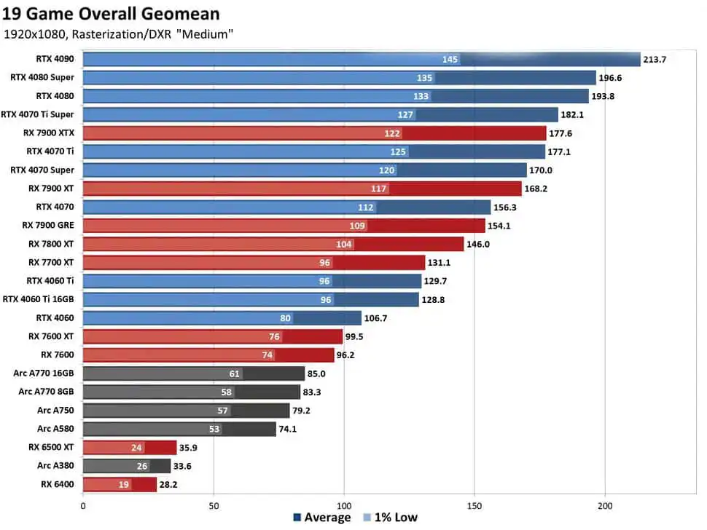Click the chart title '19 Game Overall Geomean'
pyautogui.click(x=111, y=14)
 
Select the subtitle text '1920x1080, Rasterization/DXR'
pyautogui.click(x=87, y=34)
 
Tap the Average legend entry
pyautogui.click(x=322, y=518)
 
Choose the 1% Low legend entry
pyautogui.click(x=391, y=518)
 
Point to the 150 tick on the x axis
pyautogui.click(x=474, y=506)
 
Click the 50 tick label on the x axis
pyautogui.click(x=214, y=506)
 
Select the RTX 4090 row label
pyautogui.click(x=55, y=59)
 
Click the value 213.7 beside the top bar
pyautogui.click(x=655, y=60)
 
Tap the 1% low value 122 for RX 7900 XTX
pyautogui.click(x=392, y=133)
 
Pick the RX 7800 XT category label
pyautogui.click(x=51, y=244)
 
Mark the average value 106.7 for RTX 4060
pyautogui.click(x=375, y=318)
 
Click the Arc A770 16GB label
pyautogui.click(x=43, y=373)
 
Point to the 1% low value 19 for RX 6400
pyautogui.click(x=124, y=485)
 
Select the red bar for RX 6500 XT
pyautogui.click(x=130, y=448)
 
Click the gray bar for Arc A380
pyautogui.click(x=127, y=466)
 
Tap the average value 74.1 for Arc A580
pyautogui.click(x=288, y=429)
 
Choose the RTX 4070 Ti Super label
pyautogui.click(x=37, y=114)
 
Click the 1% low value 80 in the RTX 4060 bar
pyautogui.click(x=285, y=318)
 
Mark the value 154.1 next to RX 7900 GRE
pyautogui.click(x=499, y=226)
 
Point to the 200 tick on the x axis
pyautogui.click(x=605, y=506)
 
